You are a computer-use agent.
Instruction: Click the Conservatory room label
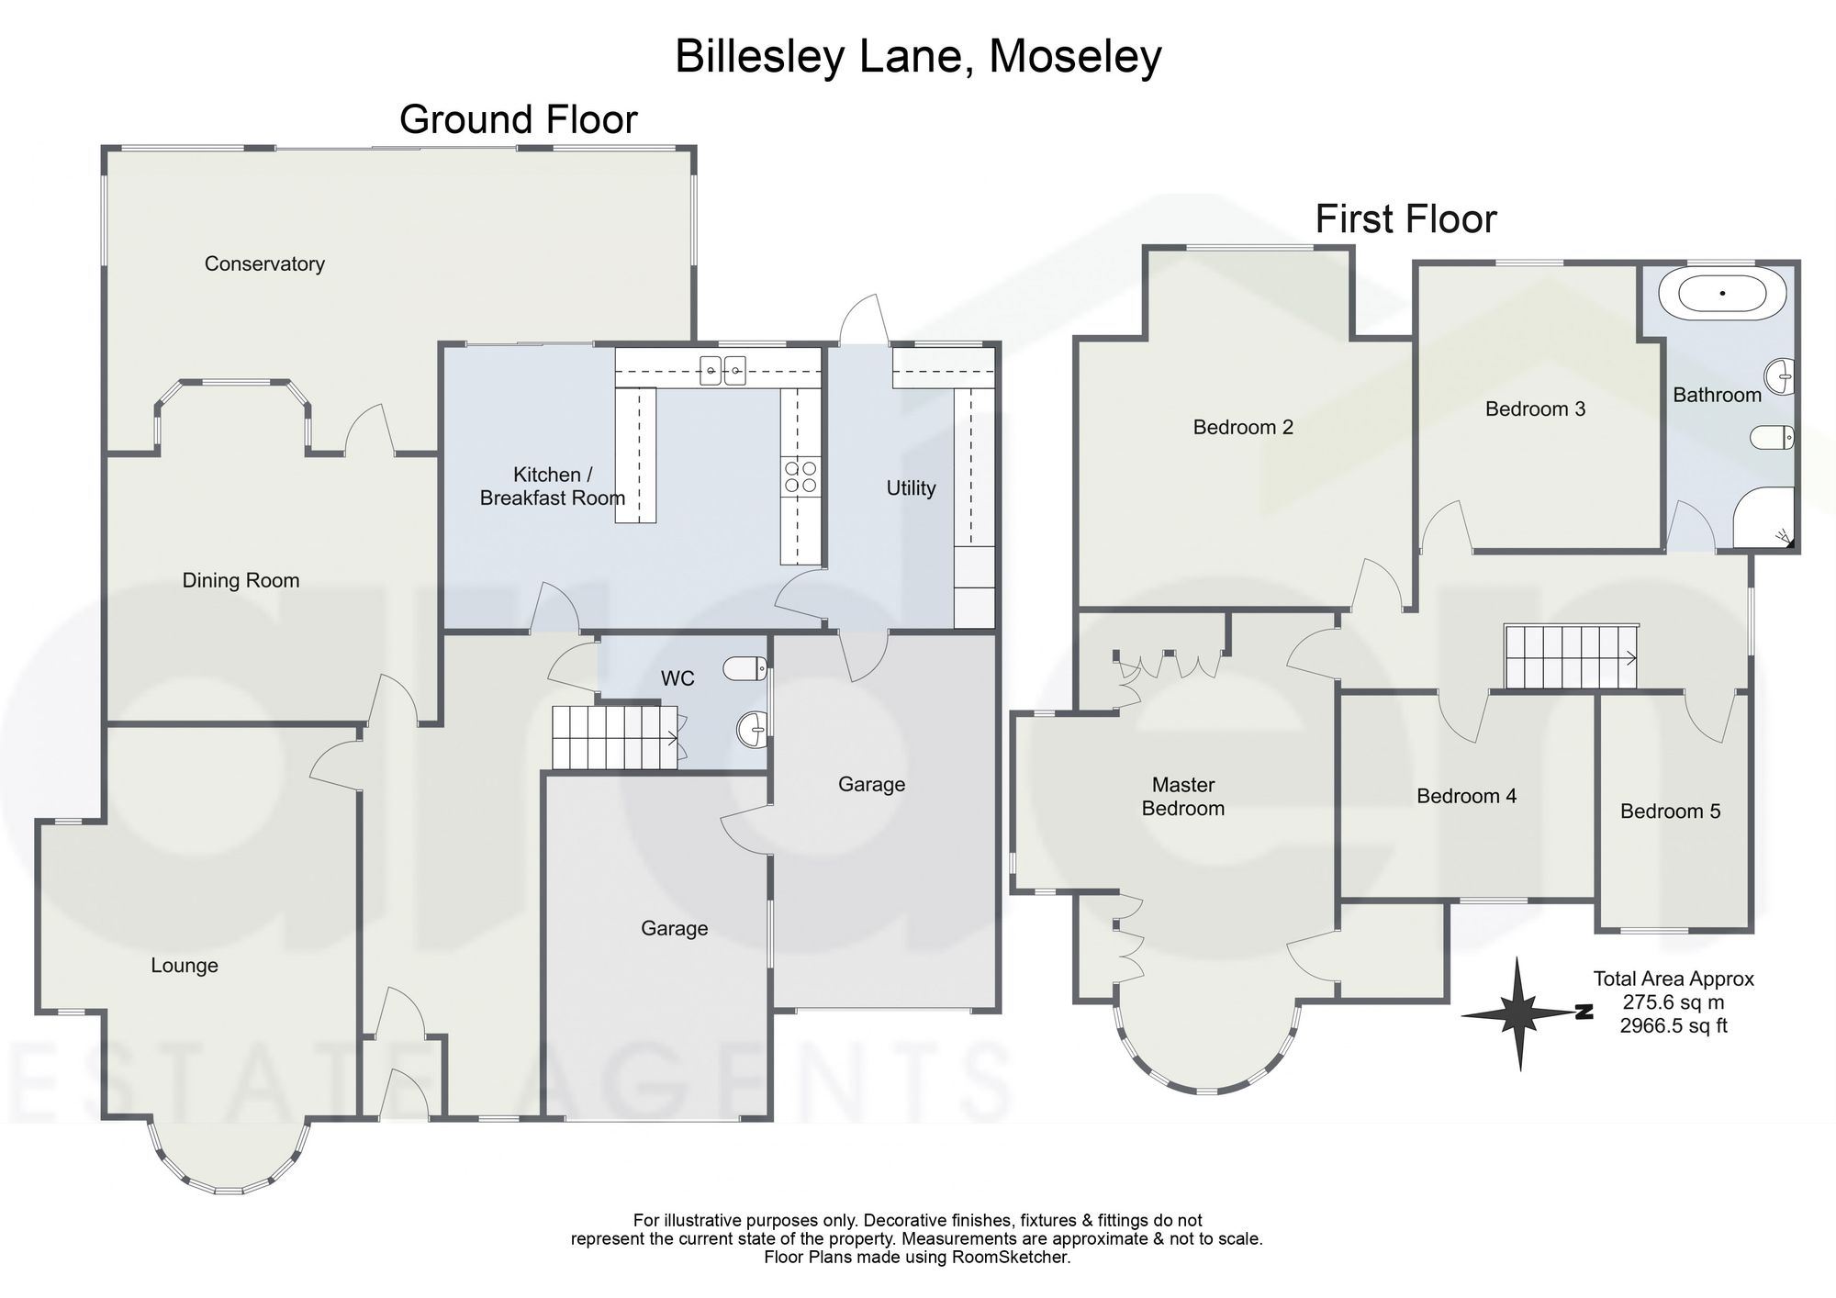point(264,264)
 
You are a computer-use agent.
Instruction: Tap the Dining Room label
point(241,580)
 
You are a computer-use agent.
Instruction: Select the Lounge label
point(185,966)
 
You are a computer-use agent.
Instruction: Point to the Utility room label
point(911,488)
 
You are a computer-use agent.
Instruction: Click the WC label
point(677,678)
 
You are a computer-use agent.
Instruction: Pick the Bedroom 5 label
point(1670,811)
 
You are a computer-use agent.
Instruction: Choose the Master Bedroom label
point(1183,797)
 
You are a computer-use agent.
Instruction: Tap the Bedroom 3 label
point(1535,409)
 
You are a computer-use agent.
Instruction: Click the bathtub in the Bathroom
point(1722,294)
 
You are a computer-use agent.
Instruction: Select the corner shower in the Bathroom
point(1763,518)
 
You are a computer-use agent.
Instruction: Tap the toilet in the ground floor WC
point(744,668)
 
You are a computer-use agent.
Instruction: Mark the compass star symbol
point(1518,1013)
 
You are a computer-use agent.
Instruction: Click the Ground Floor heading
point(519,120)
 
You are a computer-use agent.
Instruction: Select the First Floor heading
point(1405,219)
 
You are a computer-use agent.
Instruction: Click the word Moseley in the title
point(1076,57)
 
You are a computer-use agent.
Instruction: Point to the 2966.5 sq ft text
point(1674,1026)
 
